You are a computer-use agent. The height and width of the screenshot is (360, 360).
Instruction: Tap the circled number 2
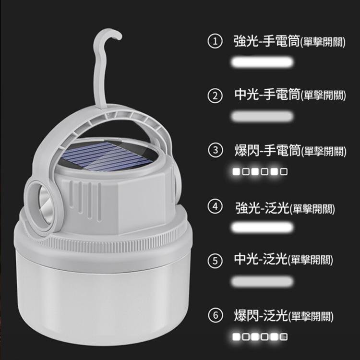point(215,96)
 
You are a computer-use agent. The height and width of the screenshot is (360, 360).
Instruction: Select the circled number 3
point(215,150)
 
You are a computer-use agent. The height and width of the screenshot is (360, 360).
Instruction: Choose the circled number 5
point(215,261)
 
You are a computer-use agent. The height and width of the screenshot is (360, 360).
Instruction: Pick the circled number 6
point(215,315)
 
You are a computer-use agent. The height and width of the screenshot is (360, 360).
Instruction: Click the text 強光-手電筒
point(266,41)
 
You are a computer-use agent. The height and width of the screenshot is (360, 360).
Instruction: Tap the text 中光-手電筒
point(266,95)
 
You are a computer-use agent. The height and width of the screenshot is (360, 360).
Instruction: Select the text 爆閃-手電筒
point(266,150)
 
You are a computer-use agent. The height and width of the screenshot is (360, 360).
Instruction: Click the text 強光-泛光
point(261,208)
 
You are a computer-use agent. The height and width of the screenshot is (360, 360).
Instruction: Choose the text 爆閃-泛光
point(261,315)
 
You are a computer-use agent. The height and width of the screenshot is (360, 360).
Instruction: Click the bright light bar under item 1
point(262,62)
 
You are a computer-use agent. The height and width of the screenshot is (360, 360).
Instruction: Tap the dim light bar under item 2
point(262,116)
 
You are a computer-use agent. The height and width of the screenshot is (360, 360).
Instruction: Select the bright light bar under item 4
point(262,227)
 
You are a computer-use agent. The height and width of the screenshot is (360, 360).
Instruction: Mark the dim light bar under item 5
point(262,281)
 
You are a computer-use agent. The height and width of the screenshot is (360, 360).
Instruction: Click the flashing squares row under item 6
point(260,337)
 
